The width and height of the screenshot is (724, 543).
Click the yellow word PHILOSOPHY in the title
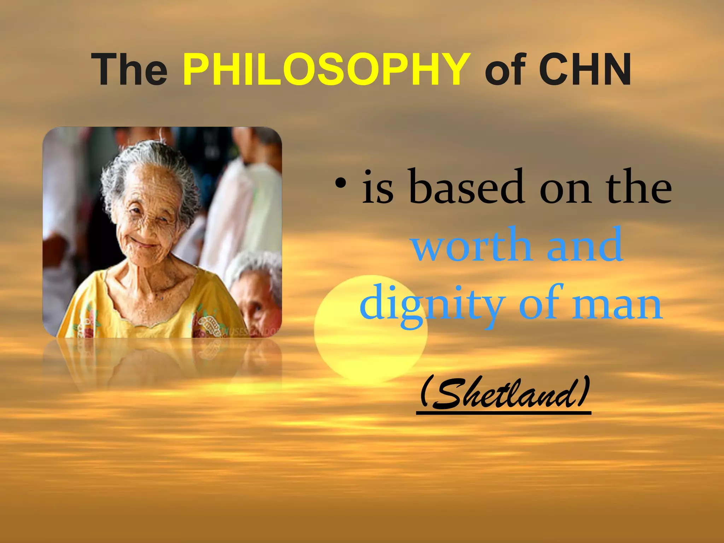pyautogui.click(x=326, y=69)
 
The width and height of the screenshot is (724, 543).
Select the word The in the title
pyautogui.click(x=129, y=69)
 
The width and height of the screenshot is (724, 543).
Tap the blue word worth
pyautogui.click(x=472, y=245)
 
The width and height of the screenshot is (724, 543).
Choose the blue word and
pyautogui.click(x=585, y=245)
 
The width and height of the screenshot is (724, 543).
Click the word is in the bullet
pyautogui.click(x=378, y=187)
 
